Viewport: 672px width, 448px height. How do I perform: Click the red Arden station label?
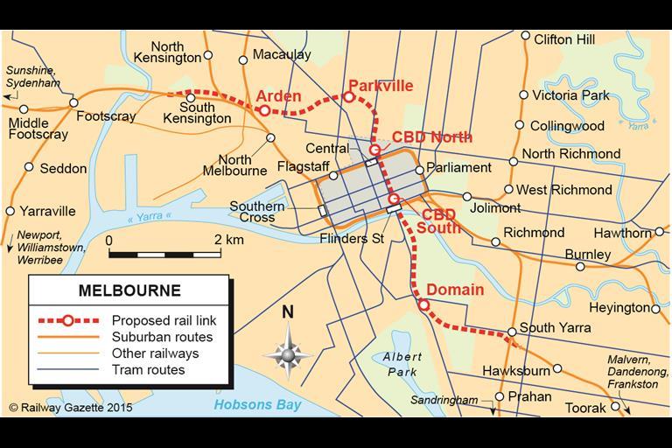click(278, 95)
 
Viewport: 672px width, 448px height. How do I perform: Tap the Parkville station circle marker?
click(348, 97)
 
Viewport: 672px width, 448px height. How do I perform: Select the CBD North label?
click(431, 137)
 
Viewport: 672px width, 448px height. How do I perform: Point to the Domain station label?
click(455, 290)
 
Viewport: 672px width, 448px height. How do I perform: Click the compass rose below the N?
click(288, 354)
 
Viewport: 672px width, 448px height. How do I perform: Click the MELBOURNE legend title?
click(129, 290)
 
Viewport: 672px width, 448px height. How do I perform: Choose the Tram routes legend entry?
click(147, 370)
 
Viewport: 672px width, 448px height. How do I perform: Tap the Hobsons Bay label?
click(257, 404)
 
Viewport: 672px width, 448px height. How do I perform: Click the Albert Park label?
click(402, 365)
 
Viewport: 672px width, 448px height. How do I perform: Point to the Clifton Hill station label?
click(564, 39)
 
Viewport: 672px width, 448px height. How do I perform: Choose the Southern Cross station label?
click(257, 213)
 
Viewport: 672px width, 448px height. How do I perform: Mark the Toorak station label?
click(584, 409)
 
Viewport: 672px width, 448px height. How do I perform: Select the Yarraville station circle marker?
click(10, 211)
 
